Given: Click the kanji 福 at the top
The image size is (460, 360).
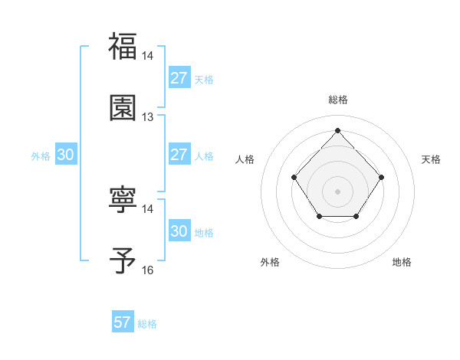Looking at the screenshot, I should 123,46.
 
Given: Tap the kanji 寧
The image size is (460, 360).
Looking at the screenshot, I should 123,200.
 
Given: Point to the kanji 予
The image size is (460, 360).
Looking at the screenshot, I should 123,261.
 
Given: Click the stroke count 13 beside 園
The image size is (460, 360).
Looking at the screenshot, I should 148,117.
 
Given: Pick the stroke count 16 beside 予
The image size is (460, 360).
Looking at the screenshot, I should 148,270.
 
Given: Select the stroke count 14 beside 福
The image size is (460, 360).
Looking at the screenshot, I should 148,56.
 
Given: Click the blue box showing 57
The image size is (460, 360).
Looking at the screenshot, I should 123,322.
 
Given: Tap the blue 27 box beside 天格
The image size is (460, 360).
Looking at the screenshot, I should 179,78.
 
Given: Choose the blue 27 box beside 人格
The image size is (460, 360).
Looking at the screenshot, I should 179,155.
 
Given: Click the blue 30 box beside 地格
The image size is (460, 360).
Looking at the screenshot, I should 179,231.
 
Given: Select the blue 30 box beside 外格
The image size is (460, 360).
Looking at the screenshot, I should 65,155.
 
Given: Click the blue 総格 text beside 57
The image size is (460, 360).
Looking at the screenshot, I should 147,324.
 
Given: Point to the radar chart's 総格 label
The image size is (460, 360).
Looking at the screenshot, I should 338,100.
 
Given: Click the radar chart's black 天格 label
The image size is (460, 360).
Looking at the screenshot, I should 432,159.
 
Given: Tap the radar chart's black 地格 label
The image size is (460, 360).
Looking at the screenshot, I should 402,262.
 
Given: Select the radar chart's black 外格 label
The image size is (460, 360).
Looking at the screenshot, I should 270,262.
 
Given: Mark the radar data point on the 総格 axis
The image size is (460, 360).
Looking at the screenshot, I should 337,129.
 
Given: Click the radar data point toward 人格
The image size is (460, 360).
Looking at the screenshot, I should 294,177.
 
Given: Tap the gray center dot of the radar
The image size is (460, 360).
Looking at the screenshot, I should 337,191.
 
